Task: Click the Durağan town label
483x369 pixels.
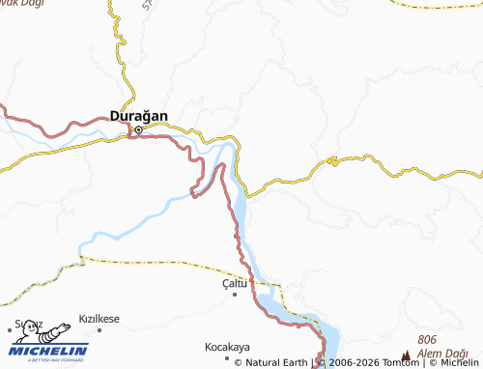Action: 139,116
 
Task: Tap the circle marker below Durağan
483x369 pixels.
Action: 138,128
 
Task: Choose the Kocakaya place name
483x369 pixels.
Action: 227,346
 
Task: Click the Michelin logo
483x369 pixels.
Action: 48,350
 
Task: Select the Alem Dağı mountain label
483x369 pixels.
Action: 441,354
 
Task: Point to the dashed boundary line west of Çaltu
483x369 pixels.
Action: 155,261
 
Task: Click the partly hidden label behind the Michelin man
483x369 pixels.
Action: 27,325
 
